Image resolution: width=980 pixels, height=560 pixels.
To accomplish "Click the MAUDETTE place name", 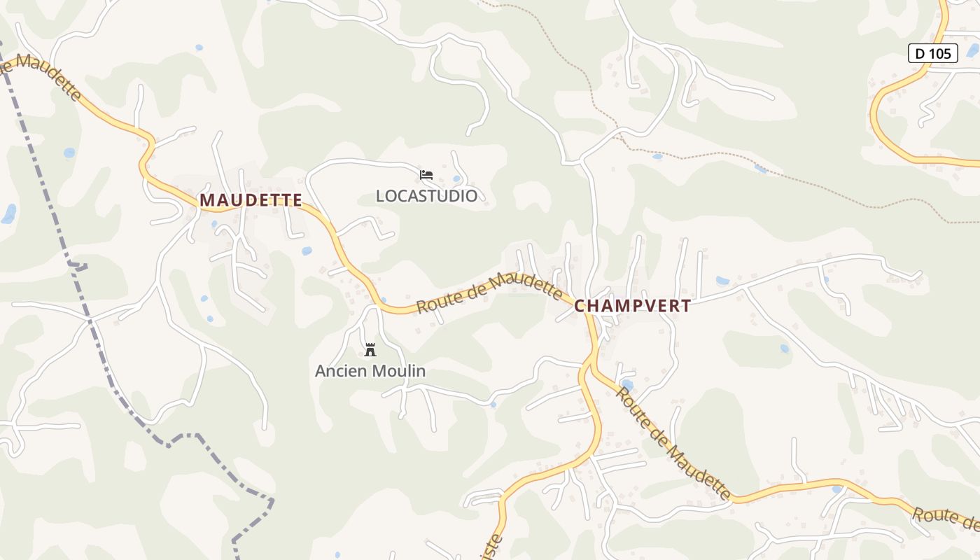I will click(251, 200).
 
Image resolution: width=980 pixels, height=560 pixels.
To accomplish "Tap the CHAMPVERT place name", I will click(633, 306).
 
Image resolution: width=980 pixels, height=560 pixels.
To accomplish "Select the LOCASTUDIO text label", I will click(426, 196).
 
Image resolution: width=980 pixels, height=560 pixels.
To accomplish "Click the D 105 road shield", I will click(932, 53).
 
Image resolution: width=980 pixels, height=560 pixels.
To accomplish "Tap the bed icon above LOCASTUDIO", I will click(426, 174).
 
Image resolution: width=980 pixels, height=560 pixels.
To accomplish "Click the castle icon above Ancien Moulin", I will click(370, 349).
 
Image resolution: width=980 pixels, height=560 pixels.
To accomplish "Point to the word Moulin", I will click(399, 371).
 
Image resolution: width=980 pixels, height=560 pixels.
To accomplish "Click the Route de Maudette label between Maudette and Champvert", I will click(489, 292).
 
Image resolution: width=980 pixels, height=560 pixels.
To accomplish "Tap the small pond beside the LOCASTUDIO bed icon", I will click(456, 178).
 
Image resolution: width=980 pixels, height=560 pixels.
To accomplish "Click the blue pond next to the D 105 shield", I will click(972, 50).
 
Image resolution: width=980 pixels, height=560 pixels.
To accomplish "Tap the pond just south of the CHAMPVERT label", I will click(626, 385).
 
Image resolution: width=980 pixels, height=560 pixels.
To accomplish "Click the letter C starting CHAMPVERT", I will click(580, 306).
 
